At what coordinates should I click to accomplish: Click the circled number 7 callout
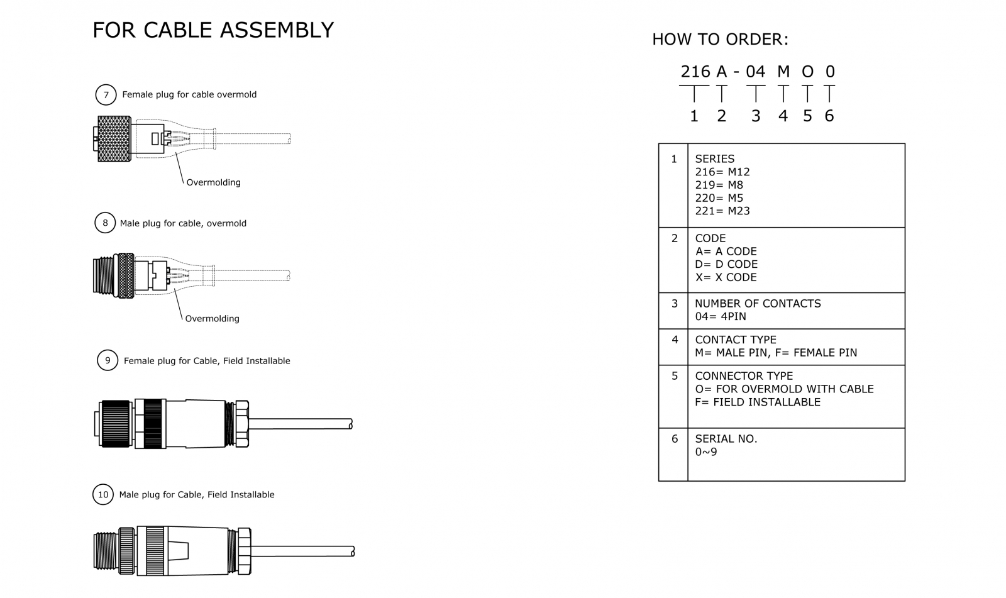106,95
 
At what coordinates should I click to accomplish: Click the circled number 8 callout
105,223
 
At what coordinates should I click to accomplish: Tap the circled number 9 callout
108,360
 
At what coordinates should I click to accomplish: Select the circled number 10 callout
103,494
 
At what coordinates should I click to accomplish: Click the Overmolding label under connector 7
213,182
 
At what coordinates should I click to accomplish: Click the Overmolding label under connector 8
212,319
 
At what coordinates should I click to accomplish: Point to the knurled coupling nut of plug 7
114,138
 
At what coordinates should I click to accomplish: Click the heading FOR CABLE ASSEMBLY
213,30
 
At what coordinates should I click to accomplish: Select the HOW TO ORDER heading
720,40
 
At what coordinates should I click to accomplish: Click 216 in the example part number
695,72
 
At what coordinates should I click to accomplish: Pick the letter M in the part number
783,72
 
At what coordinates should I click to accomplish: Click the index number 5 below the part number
807,116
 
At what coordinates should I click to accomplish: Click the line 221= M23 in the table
722,211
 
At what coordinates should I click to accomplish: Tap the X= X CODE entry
726,277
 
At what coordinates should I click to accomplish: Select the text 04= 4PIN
720,316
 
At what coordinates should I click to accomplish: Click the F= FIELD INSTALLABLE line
757,402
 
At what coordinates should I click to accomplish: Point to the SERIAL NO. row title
726,439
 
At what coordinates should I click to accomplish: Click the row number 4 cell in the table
674,340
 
